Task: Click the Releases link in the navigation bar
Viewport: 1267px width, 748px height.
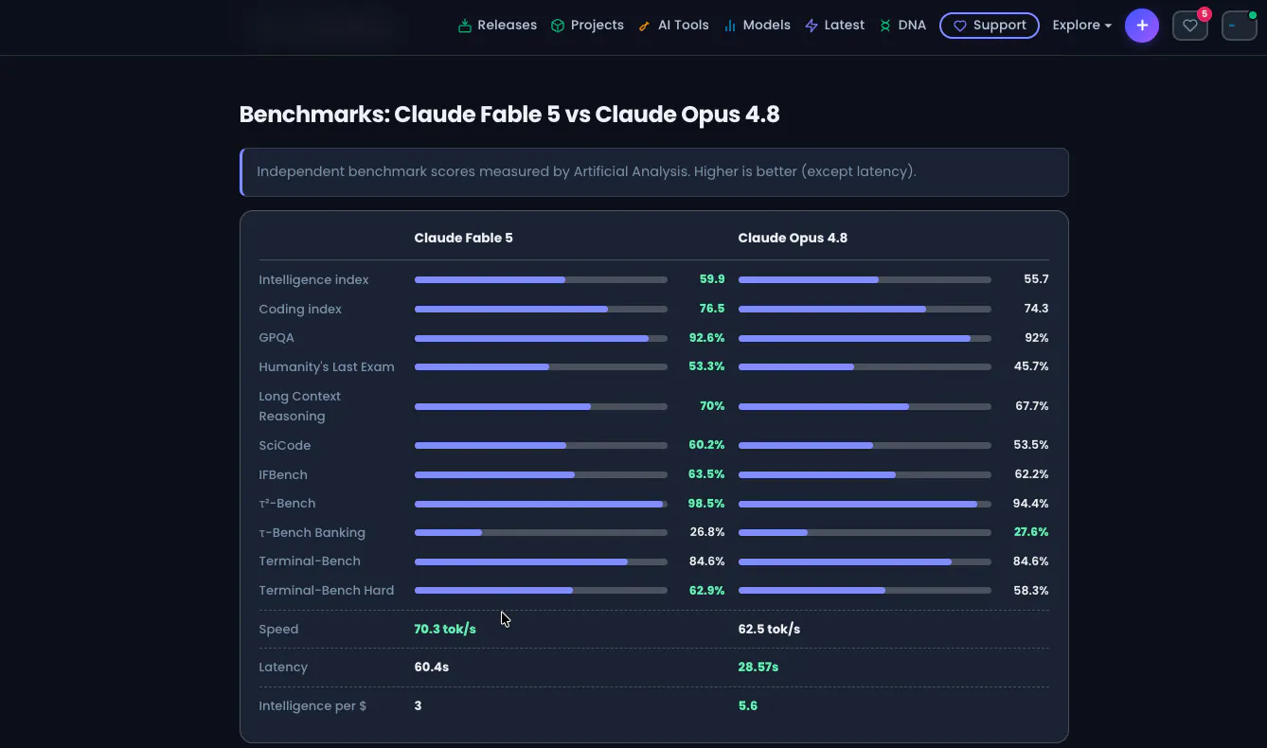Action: pos(497,26)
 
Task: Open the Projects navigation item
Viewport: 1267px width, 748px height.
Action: pos(587,26)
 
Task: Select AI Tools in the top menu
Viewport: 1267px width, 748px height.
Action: pos(673,26)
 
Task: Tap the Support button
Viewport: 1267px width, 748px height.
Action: pos(990,26)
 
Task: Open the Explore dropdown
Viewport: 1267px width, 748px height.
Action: pos(1082,26)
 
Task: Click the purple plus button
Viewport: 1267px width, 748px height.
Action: pos(1141,26)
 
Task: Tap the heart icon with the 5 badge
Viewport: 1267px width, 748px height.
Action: pos(1190,26)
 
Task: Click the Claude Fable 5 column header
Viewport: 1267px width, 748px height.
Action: pos(463,238)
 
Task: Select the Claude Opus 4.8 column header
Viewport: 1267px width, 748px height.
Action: pos(793,238)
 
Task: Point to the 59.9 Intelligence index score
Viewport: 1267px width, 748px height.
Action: pos(711,279)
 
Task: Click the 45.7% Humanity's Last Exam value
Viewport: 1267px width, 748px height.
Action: pos(1030,366)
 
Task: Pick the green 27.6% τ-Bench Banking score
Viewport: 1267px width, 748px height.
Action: pos(1030,532)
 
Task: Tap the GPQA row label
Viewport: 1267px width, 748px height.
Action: pos(276,338)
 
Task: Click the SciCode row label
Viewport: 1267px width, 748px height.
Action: pos(284,446)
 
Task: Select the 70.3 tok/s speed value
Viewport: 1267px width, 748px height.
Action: pos(444,630)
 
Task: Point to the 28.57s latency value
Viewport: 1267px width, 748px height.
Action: pos(758,668)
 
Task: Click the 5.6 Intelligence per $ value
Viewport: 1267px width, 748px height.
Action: pos(747,706)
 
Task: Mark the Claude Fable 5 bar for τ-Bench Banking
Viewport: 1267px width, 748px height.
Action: pos(541,532)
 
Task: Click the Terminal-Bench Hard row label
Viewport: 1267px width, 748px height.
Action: pos(326,590)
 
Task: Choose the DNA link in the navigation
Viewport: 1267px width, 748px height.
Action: pos(902,26)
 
